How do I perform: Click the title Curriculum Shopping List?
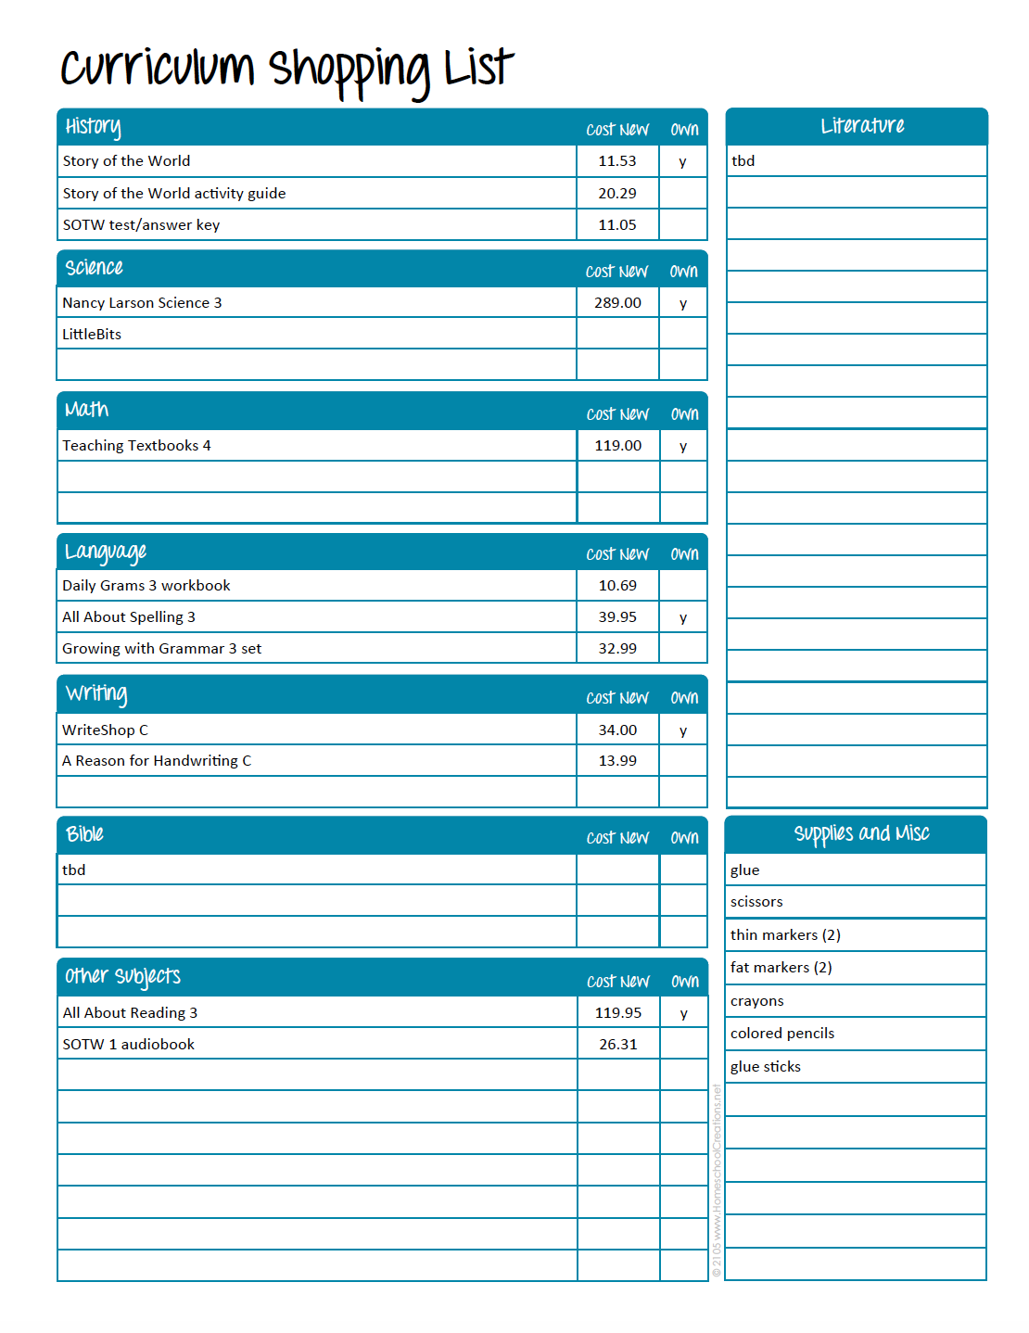point(286,70)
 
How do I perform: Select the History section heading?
point(93,127)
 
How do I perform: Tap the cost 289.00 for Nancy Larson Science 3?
point(617,303)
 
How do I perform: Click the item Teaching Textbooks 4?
point(136,446)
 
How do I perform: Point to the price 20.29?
point(617,194)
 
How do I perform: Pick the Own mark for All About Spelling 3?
point(683,618)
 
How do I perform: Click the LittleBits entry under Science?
point(92,335)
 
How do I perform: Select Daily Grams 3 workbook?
point(146,586)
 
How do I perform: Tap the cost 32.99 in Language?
point(617,649)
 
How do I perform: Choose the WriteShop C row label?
point(105,730)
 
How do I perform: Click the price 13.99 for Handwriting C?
point(617,761)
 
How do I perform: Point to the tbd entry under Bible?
point(74,870)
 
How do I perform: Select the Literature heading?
point(862,126)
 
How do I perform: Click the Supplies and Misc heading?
point(861,834)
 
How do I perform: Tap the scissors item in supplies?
point(756,902)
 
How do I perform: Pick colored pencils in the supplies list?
point(782,1034)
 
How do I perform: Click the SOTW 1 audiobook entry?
point(129,1045)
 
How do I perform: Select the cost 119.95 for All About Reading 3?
point(618,1013)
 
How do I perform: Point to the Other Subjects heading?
point(122,977)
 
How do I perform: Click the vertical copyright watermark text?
point(717,1182)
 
